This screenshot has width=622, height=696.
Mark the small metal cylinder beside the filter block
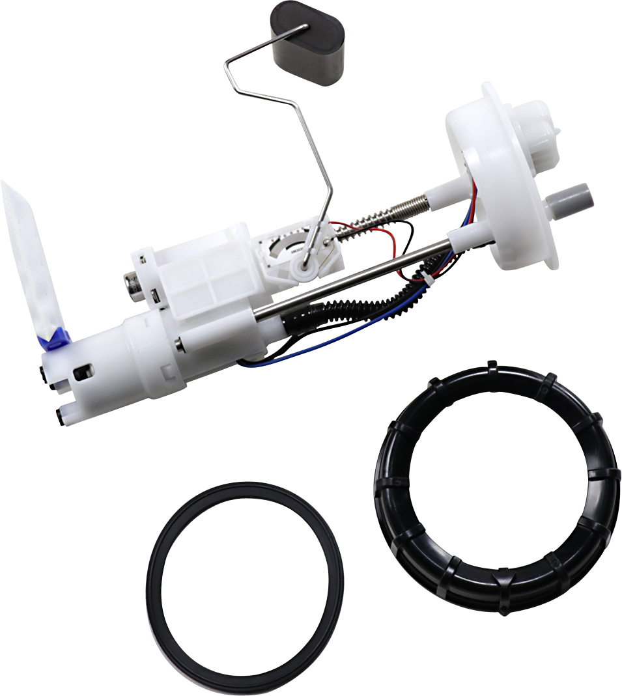point(135,286)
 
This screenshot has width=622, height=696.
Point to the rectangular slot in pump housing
point(83,372)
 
